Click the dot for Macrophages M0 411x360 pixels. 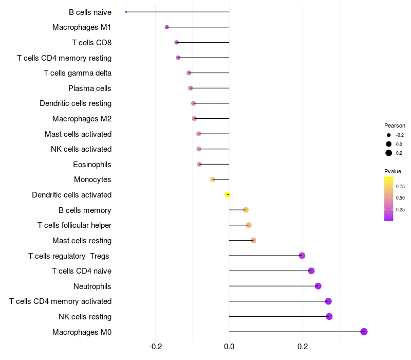[x=364, y=332]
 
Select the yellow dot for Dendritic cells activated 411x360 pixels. [x=227, y=194]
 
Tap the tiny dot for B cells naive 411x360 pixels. [x=126, y=12]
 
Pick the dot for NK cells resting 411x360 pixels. [x=329, y=316]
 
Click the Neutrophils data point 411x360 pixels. [x=318, y=286]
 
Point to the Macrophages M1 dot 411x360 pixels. [x=166, y=27]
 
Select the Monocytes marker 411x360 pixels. [x=213, y=179]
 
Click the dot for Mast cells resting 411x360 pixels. [x=253, y=240]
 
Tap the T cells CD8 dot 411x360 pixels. [x=177, y=42]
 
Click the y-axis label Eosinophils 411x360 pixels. [x=92, y=165]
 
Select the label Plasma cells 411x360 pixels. [x=90, y=88]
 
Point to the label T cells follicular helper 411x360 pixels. [x=74, y=225]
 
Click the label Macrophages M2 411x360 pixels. [x=82, y=119]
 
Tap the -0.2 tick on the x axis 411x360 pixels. [x=156, y=347]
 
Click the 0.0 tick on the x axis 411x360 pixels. [x=229, y=347]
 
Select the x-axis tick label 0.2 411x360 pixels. [x=303, y=347]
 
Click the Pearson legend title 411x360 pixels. [x=395, y=125]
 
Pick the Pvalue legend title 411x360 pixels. [x=393, y=171]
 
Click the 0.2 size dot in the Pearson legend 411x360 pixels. [x=389, y=153]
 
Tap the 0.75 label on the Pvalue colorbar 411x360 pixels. [x=400, y=186]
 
